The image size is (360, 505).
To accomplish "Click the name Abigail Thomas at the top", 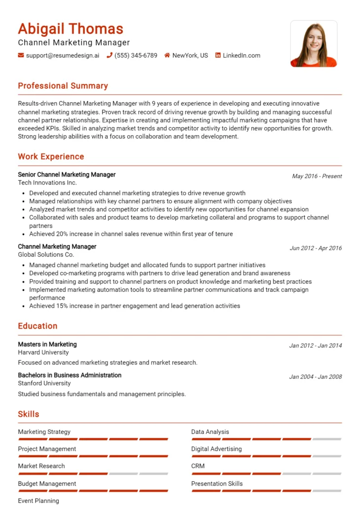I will click(71, 29).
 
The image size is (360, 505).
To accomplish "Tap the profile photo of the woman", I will click(314, 44).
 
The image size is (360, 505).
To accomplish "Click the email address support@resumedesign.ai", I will click(62, 56).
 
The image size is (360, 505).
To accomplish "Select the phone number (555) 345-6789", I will click(136, 56).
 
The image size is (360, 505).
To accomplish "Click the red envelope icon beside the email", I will click(21, 56).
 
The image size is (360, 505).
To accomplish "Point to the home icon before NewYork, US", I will click(167, 56).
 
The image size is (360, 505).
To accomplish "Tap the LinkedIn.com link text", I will click(241, 56).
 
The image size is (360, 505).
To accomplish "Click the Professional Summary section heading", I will click(63, 86).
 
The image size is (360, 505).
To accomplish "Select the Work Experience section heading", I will click(51, 157).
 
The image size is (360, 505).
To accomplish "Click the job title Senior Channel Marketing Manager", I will click(67, 175).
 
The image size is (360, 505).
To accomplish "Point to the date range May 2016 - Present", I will click(317, 176).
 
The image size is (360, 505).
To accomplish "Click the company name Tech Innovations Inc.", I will click(47, 182).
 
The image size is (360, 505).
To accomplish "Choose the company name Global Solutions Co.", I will click(46, 254).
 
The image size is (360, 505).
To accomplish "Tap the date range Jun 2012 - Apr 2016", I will click(316, 248).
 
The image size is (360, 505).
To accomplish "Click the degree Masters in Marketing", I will click(47, 344).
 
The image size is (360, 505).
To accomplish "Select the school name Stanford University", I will click(44, 383).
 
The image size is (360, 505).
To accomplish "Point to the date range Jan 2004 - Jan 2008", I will click(315, 377).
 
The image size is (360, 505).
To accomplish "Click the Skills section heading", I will click(29, 414).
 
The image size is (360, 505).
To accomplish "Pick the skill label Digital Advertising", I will click(216, 449).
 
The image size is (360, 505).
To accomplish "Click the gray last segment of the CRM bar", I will click(326, 473).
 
